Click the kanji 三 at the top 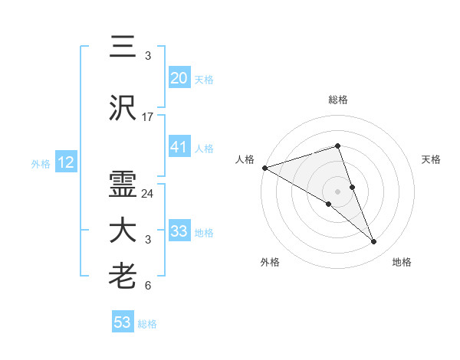tap(123, 47)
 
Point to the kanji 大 tap(123, 230)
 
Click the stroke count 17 tap(148, 117)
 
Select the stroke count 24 tap(148, 193)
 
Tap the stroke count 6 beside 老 tap(148, 286)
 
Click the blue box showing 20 tap(179, 77)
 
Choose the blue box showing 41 tap(179, 147)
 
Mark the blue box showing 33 tap(179, 231)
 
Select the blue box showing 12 tap(65, 162)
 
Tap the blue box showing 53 tap(123, 322)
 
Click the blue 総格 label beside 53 tap(147, 324)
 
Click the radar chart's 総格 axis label tap(338, 100)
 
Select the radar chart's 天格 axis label tap(432, 159)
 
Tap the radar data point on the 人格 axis tap(264, 167)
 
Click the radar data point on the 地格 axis tap(374, 242)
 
